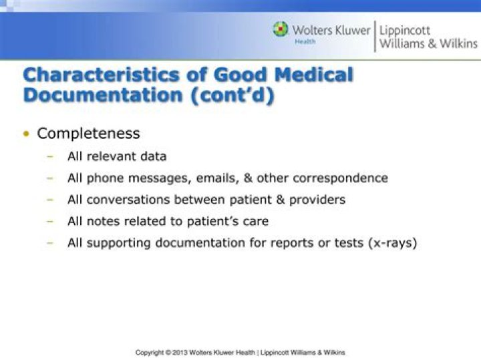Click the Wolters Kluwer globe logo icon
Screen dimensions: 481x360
(281, 29)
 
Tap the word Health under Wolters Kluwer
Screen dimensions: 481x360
(305, 41)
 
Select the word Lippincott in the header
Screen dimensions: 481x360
(405, 31)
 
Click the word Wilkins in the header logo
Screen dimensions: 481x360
(458, 43)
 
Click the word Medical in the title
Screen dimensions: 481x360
(313, 75)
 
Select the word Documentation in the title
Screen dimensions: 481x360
(103, 95)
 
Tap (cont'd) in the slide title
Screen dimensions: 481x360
(232, 96)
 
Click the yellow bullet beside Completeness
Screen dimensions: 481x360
(27, 134)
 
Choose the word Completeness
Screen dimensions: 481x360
(88, 134)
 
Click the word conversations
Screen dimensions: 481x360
(128, 200)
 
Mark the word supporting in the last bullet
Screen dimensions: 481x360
(119, 243)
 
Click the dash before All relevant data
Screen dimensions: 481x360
(50, 156)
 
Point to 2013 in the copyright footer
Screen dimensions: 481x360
(180, 353)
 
